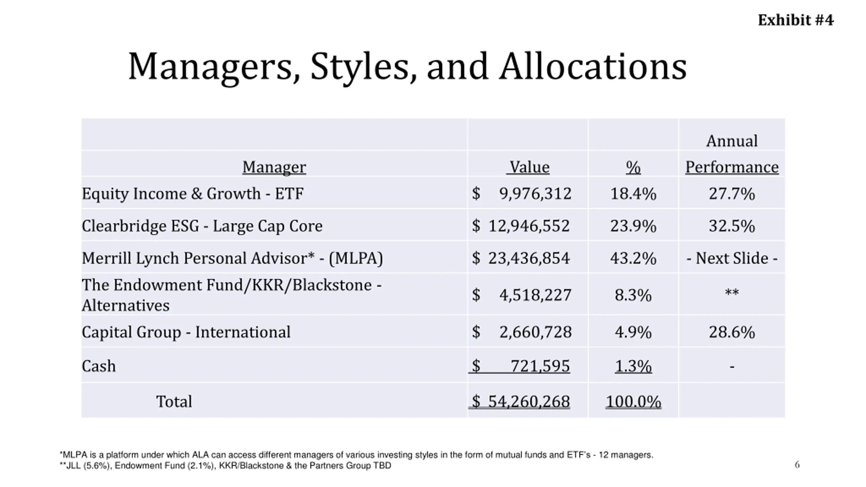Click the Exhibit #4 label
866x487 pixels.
(795, 20)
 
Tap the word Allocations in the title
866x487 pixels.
(593, 67)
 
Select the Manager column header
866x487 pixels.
(274, 167)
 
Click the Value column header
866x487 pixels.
(529, 167)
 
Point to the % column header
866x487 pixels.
(633, 167)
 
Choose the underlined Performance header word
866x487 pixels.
(732, 167)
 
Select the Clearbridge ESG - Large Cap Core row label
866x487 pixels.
(202, 226)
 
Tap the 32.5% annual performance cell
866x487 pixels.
(732, 226)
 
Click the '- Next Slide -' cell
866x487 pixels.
(732, 258)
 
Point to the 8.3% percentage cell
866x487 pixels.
(633, 295)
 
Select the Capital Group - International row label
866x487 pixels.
(186, 332)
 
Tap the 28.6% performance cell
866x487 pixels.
(732, 332)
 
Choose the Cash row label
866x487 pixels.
(99, 366)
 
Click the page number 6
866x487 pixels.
(797, 465)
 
